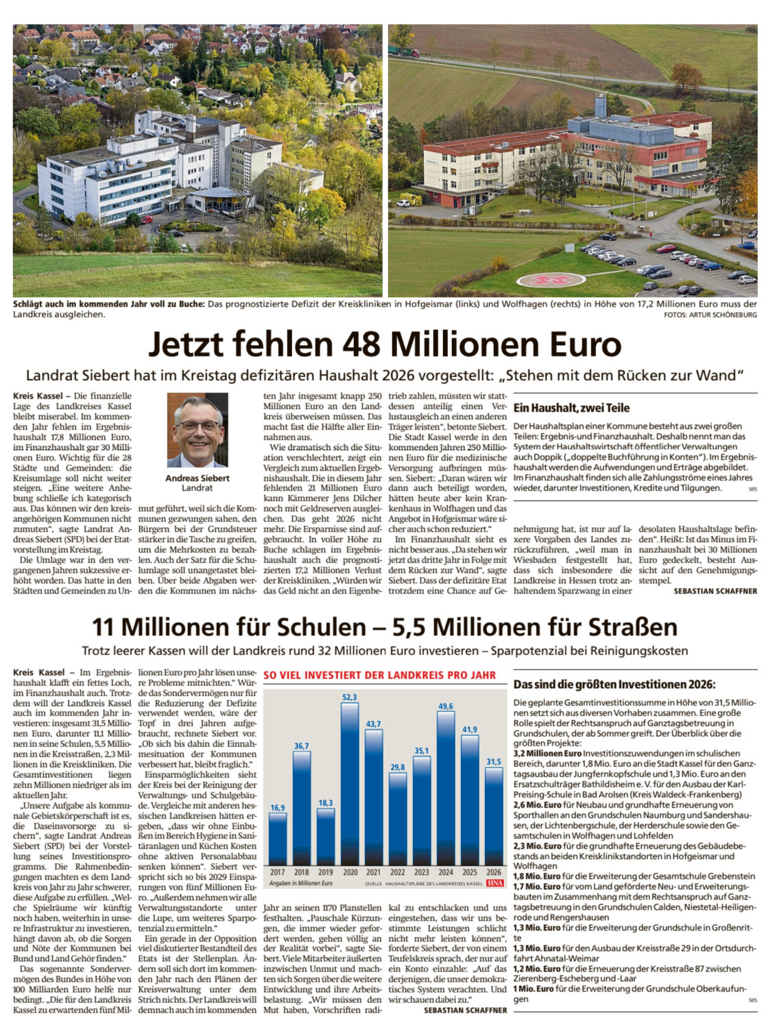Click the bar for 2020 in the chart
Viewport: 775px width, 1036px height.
pyautogui.click(x=350, y=782)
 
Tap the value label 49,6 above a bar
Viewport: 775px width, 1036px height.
pyautogui.click(x=445, y=706)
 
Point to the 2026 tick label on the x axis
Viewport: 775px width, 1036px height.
pyautogui.click(x=494, y=872)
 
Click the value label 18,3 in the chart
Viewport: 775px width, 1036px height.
pyautogui.click(x=326, y=803)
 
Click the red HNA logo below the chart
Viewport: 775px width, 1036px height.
pyautogui.click(x=495, y=883)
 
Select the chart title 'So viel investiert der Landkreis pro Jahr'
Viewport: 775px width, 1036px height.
pyautogui.click(x=379, y=675)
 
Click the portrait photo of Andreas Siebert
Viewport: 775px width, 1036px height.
pyautogui.click(x=198, y=430)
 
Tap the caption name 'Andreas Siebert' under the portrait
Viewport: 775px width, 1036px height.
pyautogui.click(x=198, y=478)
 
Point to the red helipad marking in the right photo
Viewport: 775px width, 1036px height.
pyautogui.click(x=547, y=280)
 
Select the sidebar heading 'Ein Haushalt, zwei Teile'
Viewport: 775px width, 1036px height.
pyautogui.click(x=571, y=408)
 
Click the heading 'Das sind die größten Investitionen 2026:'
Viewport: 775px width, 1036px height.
pyautogui.click(x=615, y=685)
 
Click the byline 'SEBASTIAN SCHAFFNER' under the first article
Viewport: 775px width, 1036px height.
pyautogui.click(x=715, y=591)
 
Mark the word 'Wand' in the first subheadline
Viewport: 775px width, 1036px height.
pyautogui.click(x=718, y=375)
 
